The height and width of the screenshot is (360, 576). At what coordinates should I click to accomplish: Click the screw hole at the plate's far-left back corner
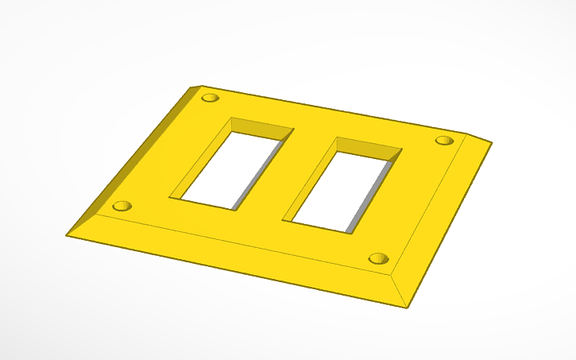[x=210, y=98]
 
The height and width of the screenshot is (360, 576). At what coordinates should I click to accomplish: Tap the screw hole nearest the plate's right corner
[x=444, y=141]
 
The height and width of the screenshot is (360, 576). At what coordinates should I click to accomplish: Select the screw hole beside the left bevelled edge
[x=122, y=206]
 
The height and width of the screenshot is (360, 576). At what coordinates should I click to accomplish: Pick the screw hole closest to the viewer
[x=379, y=258]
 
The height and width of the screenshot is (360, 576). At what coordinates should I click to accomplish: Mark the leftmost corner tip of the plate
[x=67, y=235]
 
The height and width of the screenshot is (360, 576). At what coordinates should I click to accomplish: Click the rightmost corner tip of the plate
[x=492, y=143]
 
